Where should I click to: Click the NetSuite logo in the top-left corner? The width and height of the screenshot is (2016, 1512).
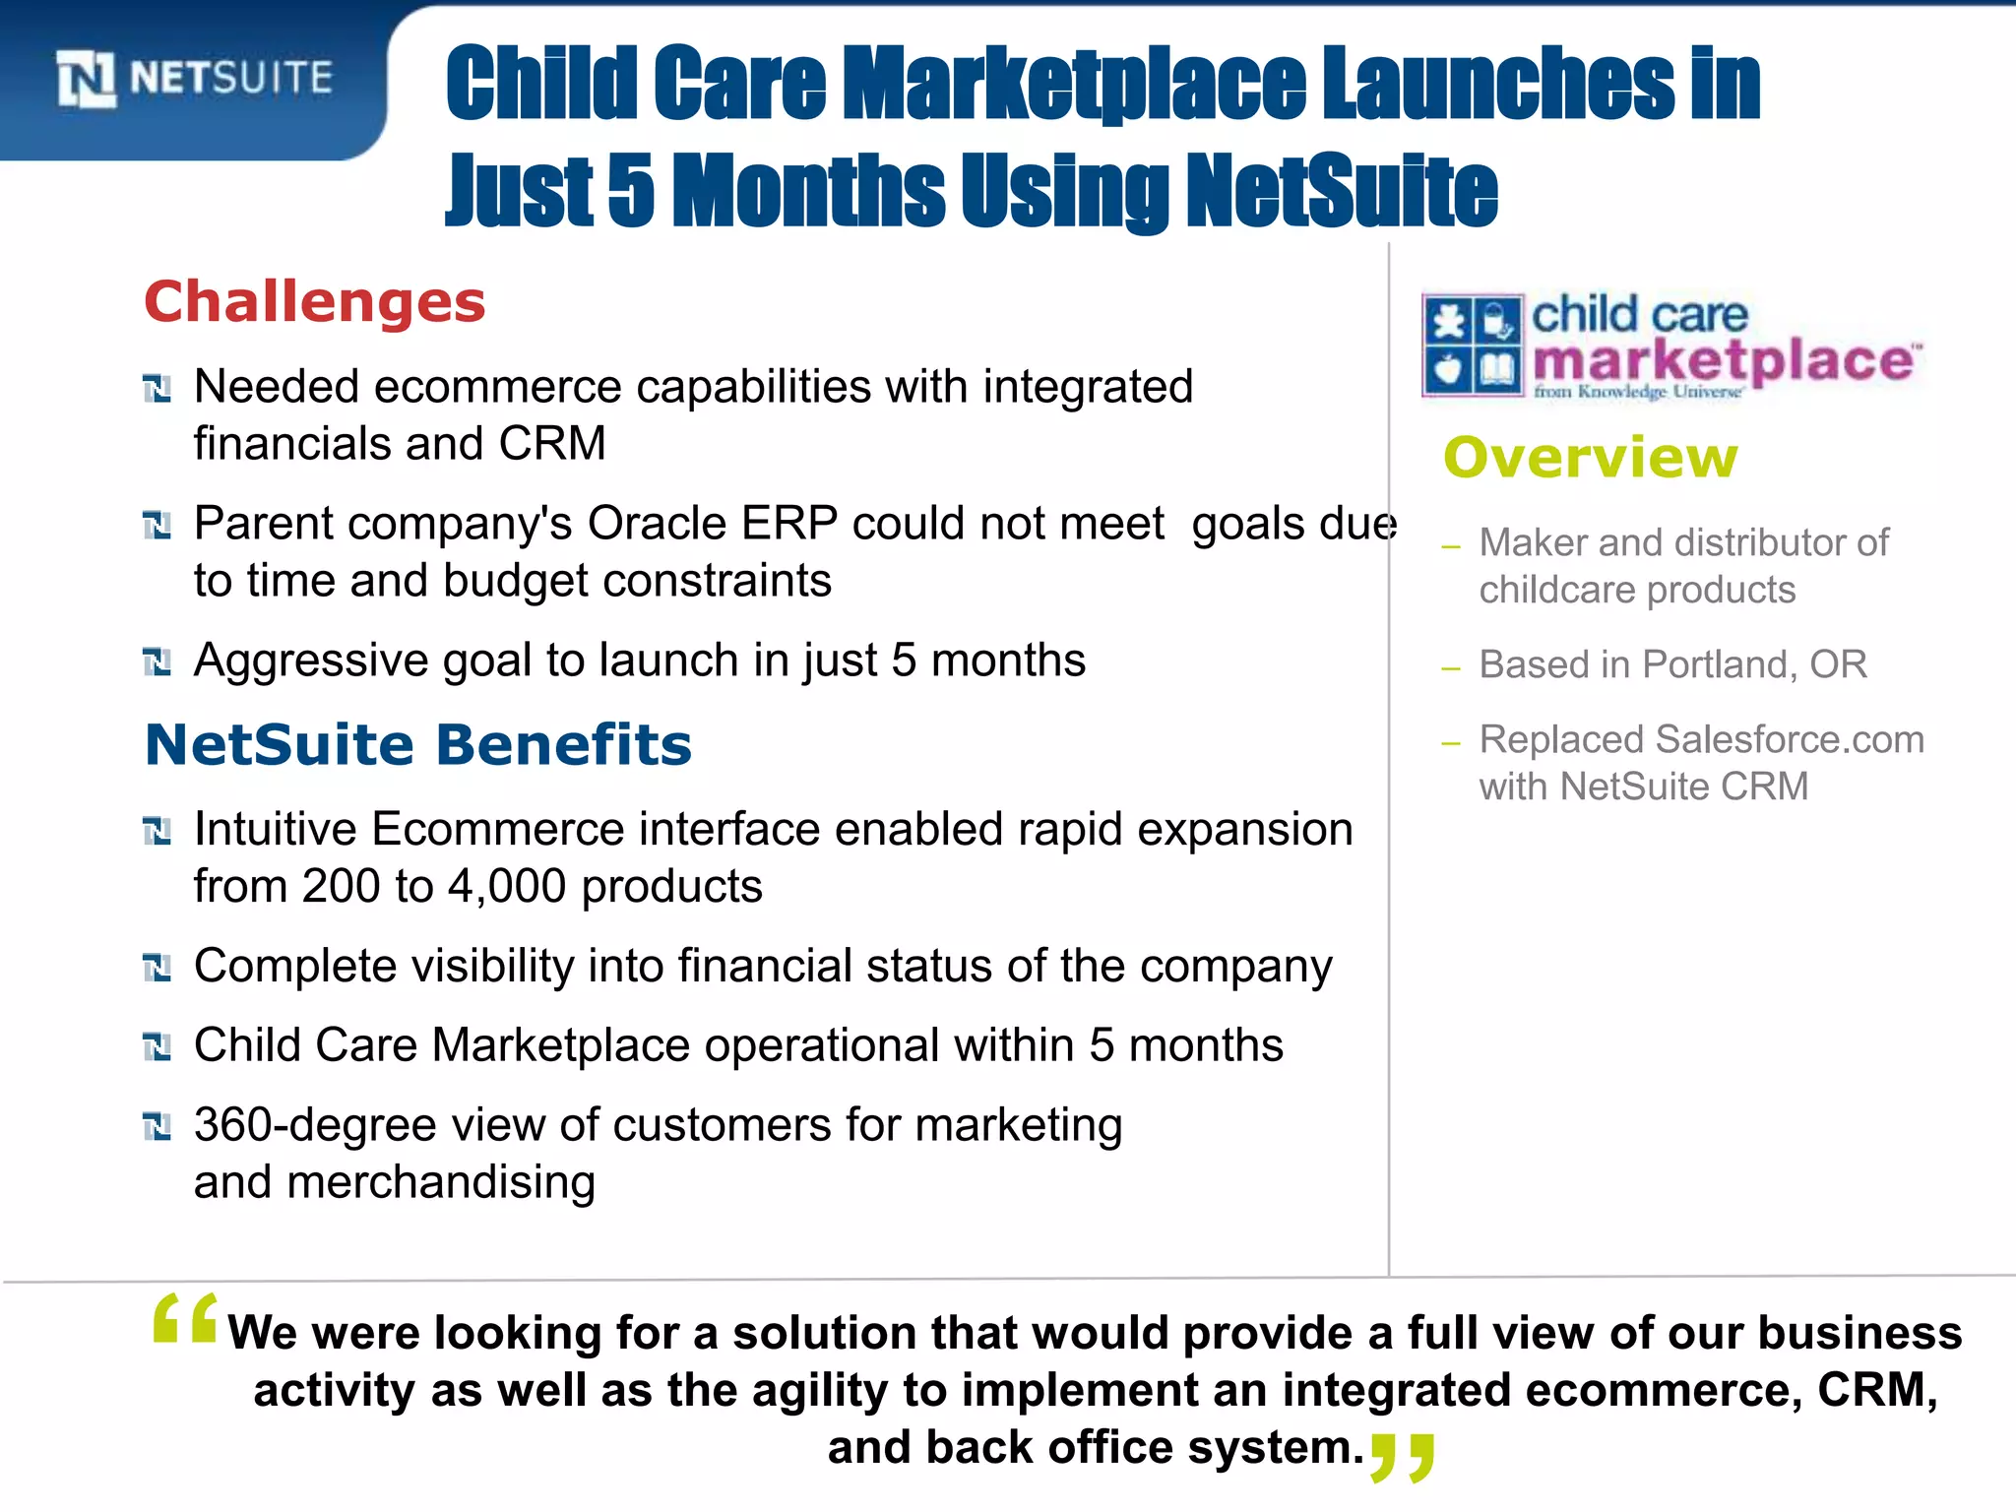(x=195, y=78)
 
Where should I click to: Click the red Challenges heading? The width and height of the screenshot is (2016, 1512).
(x=315, y=301)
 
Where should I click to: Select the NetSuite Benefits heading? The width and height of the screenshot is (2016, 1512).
(x=418, y=744)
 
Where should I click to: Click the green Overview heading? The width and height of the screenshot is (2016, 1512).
(x=1591, y=458)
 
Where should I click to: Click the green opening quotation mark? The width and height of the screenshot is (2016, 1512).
(x=185, y=1319)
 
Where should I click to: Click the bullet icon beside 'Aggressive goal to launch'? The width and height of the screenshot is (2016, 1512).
(x=157, y=661)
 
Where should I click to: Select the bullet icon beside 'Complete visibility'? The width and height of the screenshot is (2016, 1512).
(x=157, y=968)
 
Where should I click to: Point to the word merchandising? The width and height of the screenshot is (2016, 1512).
(x=441, y=1182)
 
